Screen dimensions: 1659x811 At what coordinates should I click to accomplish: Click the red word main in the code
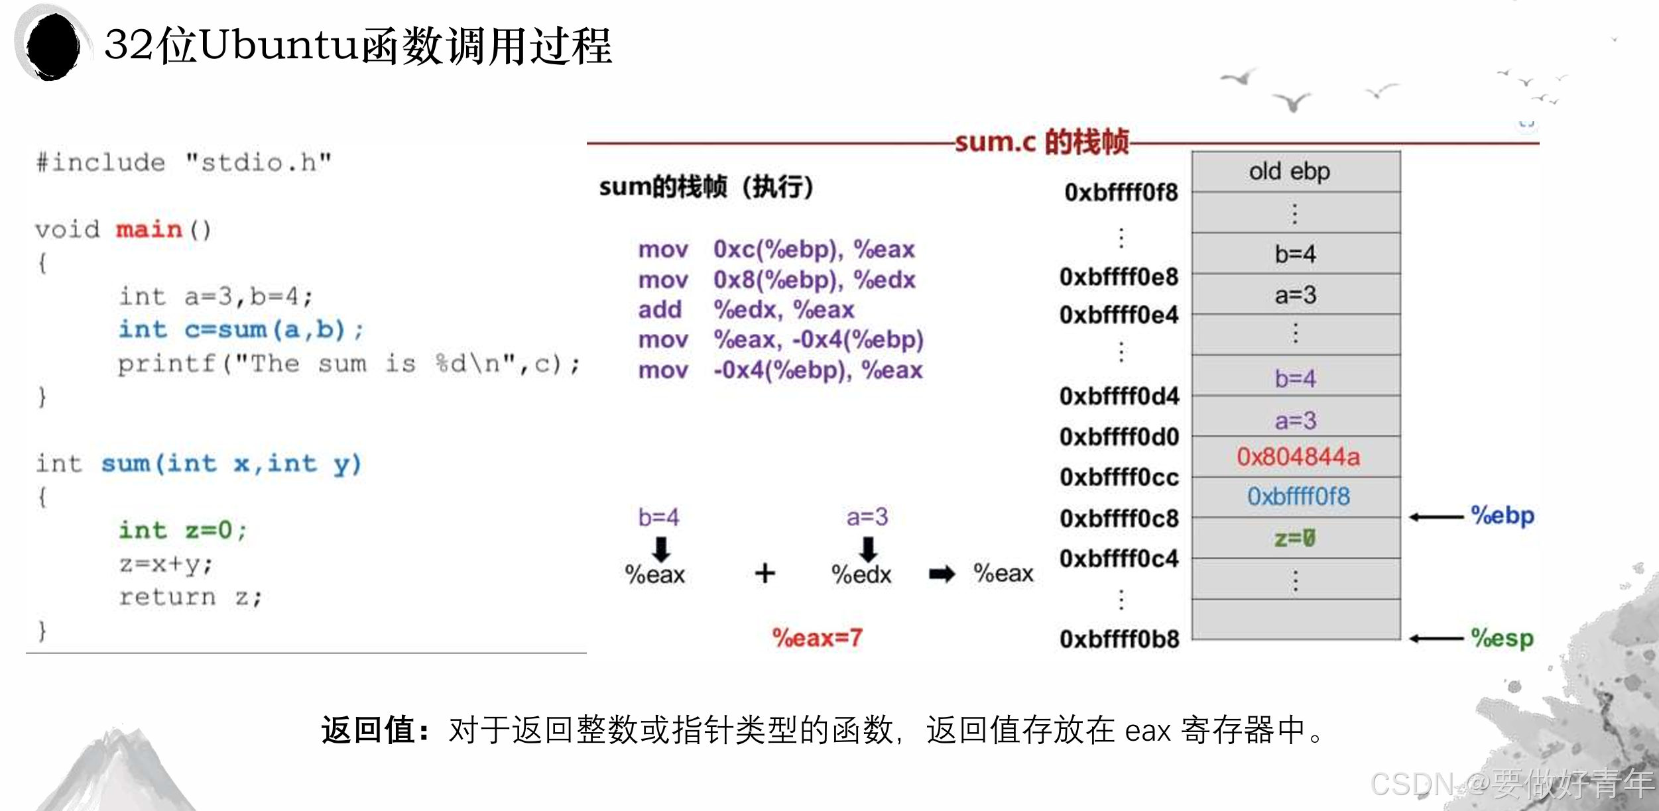[x=149, y=230]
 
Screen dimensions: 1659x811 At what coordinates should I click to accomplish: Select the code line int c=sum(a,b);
[x=241, y=329]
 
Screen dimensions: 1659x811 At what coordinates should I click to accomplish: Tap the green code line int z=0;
[x=182, y=530]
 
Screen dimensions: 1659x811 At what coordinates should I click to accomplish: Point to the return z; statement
[x=191, y=597]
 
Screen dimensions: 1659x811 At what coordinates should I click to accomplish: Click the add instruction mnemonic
[x=660, y=309]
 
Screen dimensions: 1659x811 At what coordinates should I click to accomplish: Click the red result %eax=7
[x=817, y=637]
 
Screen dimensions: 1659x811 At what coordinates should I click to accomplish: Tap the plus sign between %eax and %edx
[x=765, y=573]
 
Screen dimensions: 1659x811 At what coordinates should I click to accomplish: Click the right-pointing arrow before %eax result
[x=942, y=574]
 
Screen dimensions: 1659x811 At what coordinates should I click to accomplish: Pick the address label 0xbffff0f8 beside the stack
[x=1121, y=192]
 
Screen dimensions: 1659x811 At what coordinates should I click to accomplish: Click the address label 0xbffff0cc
[x=1119, y=477]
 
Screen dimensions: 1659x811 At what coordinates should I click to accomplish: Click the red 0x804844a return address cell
[x=1298, y=457]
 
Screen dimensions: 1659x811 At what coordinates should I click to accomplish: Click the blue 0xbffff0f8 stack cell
[x=1298, y=497]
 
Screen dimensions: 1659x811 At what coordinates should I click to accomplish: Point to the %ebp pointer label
[x=1502, y=515]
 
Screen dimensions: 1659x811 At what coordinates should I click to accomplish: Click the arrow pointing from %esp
[x=1436, y=639]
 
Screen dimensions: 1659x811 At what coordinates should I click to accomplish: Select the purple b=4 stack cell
[x=1295, y=378]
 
